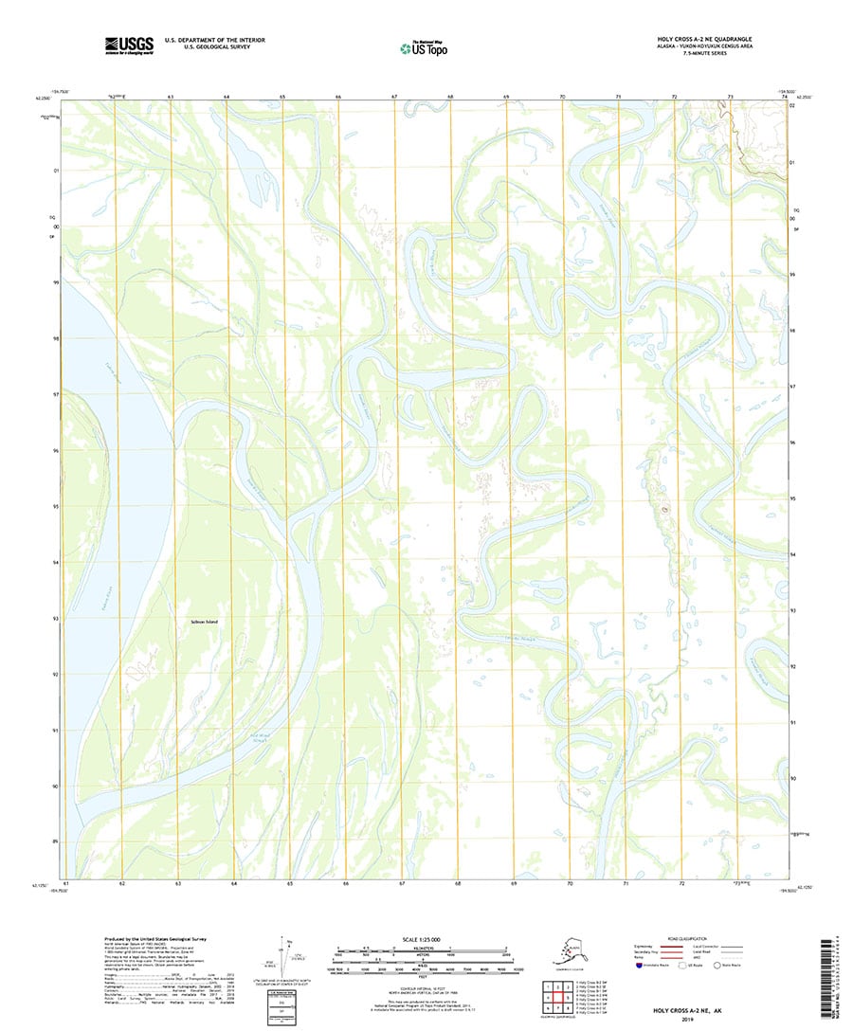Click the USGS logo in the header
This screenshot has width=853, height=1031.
click(130, 44)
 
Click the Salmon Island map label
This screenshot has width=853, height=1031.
click(203, 622)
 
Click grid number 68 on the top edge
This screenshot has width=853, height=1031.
click(451, 97)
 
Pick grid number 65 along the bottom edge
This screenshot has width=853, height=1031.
click(290, 883)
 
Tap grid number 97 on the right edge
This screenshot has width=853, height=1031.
click(792, 387)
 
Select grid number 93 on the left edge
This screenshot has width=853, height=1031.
click(57, 619)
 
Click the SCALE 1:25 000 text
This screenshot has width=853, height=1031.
click(424, 939)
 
